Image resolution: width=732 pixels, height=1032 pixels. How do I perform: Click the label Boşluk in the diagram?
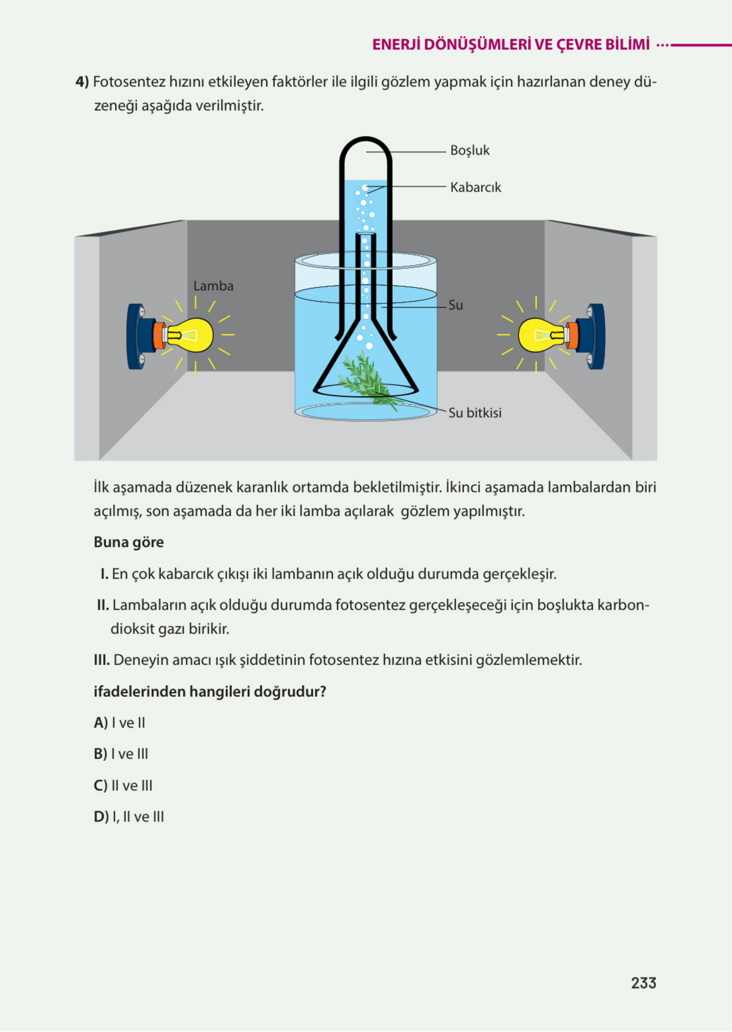(469, 150)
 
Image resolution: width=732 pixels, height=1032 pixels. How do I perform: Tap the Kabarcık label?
(475, 187)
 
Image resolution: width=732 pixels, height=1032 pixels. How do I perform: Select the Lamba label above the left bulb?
(213, 286)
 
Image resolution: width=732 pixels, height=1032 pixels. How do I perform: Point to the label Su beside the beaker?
(455, 306)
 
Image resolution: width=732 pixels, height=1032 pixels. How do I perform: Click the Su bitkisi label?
(475, 413)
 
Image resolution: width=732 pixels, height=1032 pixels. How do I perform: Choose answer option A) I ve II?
(120, 722)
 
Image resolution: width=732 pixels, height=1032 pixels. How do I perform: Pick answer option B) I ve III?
(121, 754)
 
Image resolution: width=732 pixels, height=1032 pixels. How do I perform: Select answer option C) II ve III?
(123, 785)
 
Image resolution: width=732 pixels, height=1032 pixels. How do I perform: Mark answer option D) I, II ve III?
(129, 817)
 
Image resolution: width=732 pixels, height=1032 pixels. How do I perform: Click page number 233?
(643, 983)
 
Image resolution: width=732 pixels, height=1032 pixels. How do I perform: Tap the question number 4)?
(82, 82)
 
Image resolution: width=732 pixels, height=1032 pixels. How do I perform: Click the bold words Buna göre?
(128, 542)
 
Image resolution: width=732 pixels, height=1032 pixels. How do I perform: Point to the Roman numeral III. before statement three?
(101, 660)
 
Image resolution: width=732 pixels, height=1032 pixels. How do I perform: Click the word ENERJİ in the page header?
(396, 45)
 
